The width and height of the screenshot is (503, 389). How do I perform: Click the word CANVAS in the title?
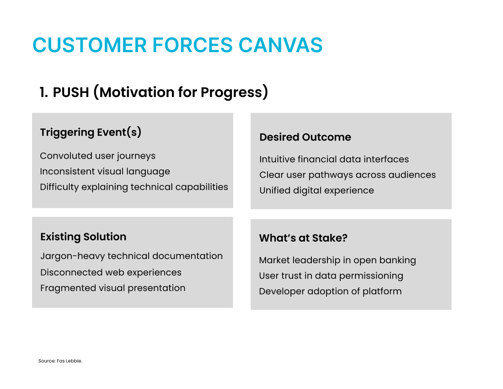[x=280, y=45]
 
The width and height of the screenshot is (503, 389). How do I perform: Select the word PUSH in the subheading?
[x=71, y=92]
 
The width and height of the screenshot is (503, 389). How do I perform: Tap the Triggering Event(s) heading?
[x=91, y=132]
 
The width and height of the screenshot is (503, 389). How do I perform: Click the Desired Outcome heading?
[x=305, y=137]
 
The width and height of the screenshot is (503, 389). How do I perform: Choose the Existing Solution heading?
[x=83, y=237]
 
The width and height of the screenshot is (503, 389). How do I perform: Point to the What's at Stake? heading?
[x=303, y=238]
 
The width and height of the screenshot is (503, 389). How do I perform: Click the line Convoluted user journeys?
[x=97, y=156]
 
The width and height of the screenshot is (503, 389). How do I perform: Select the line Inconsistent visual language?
[x=105, y=172]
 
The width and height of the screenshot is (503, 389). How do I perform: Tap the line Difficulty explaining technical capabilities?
[x=134, y=187]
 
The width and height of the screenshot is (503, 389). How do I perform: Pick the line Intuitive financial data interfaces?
[x=334, y=159]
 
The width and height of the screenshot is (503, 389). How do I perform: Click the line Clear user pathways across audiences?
[x=348, y=175]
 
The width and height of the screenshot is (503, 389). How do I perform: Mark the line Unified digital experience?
[x=316, y=191]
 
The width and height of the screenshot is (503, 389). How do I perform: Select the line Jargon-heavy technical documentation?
[x=132, y=256]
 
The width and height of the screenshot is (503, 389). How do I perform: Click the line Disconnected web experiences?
[x=111, y=272]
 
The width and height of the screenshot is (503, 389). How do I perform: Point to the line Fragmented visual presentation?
[x=113, y=288]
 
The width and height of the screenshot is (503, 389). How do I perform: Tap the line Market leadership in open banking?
[x=337, y=260]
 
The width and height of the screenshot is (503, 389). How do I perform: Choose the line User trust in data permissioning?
[x=331, y=276]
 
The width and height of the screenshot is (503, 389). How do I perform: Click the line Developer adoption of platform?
[x=330, y=292]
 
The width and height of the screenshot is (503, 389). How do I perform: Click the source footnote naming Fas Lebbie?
[x=60, y=361]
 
